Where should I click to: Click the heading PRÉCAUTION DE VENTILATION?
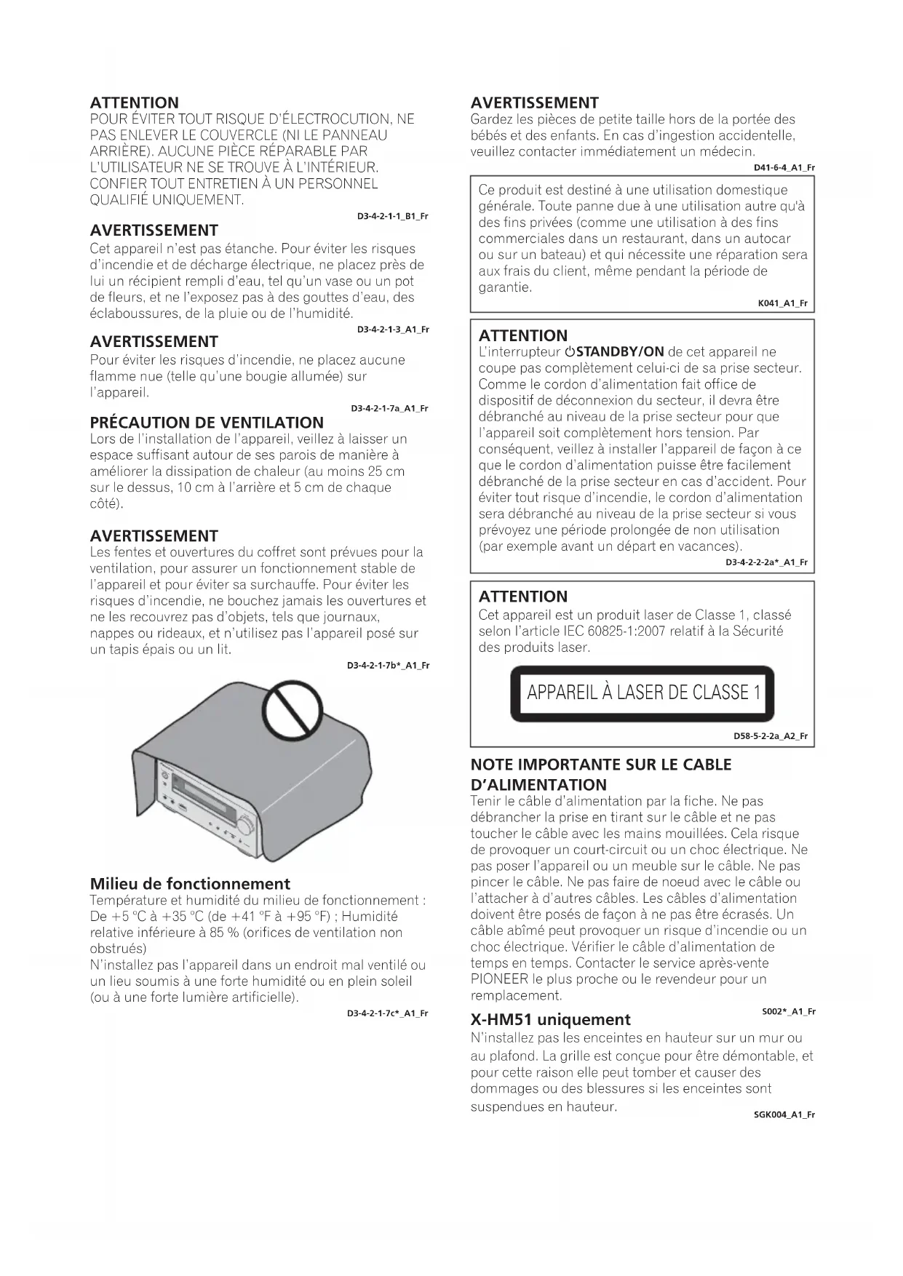pyautogui.click(x=207, y=423)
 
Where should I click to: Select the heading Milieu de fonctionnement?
pyautogui.click(x=190, y=884)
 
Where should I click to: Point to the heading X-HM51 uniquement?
pyautogui.click(x=550, y=1019)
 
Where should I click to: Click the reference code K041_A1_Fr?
pyautogui.click(x=783, y=303)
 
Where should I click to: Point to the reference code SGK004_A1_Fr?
pyautogui.click(x=784, y=1114)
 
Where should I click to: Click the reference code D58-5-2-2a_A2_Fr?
pyautogui.click(x=771, y=736)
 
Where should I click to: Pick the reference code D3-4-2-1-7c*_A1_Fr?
pyautogui.click(x=388, y=1013)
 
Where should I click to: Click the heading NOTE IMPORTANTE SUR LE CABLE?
pyautogui.click(x=601, y=765)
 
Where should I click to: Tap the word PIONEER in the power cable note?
pyautogui.click(x=499, y=979)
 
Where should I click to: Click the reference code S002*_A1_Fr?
pyautogui.click(x=789, y=1012)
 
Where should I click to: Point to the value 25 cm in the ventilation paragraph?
pyautogui.click(x=386, y=471)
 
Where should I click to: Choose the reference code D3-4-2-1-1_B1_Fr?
pyautogui.click(x=393, y=217)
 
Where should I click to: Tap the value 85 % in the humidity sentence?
pyautogui.click(x=225, y=933)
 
